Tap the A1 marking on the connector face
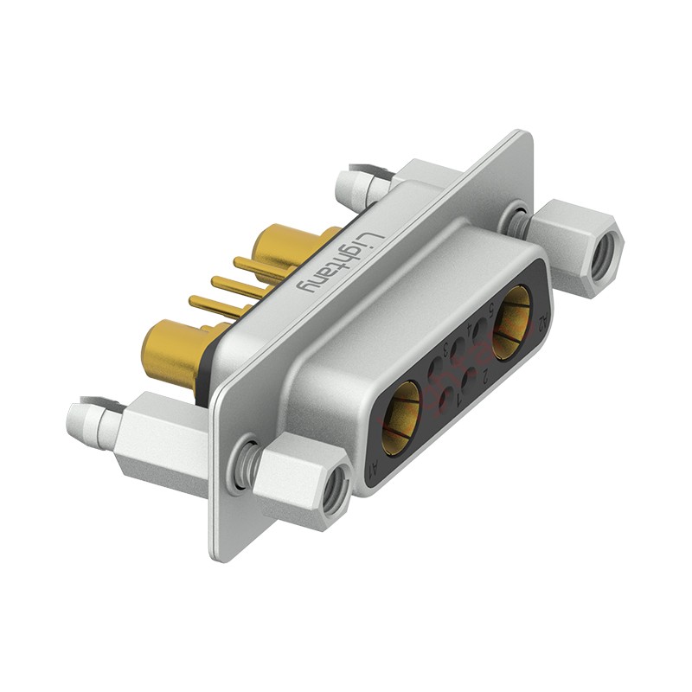(373, 471)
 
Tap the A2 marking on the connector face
(543, 323)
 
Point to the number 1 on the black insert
(458, 399)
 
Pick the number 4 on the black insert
(470, 330)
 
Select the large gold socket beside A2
(512, 321)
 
